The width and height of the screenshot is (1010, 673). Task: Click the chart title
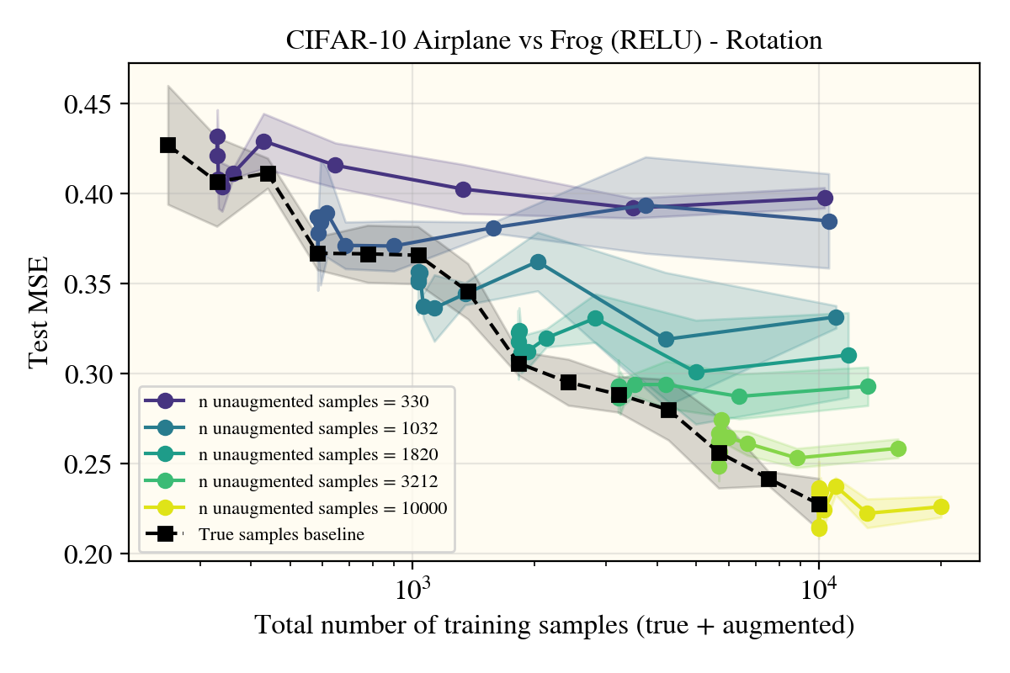click(x=554, y=40)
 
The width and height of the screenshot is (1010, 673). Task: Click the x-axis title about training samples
click(x=554, y=626)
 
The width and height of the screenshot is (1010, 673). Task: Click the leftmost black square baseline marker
click(x=168, y=145)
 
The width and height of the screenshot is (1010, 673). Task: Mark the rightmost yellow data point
click(x=941, y=506)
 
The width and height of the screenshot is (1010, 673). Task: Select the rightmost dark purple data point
click(x=825, y=198)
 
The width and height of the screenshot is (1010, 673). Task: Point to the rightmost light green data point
click(x=898, y=448)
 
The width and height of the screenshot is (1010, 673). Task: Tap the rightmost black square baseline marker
click(x=819, y=504)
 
